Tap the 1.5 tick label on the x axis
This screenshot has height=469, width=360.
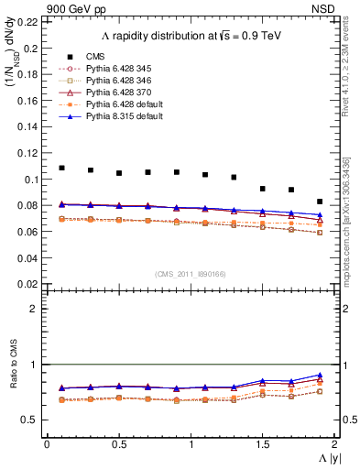point(262,443)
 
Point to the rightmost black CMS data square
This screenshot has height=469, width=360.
point(320,202)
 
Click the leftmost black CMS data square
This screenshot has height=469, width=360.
point(61,168)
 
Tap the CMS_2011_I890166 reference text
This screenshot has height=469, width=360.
point(190,273)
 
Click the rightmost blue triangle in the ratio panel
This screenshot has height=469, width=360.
point(320,375)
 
